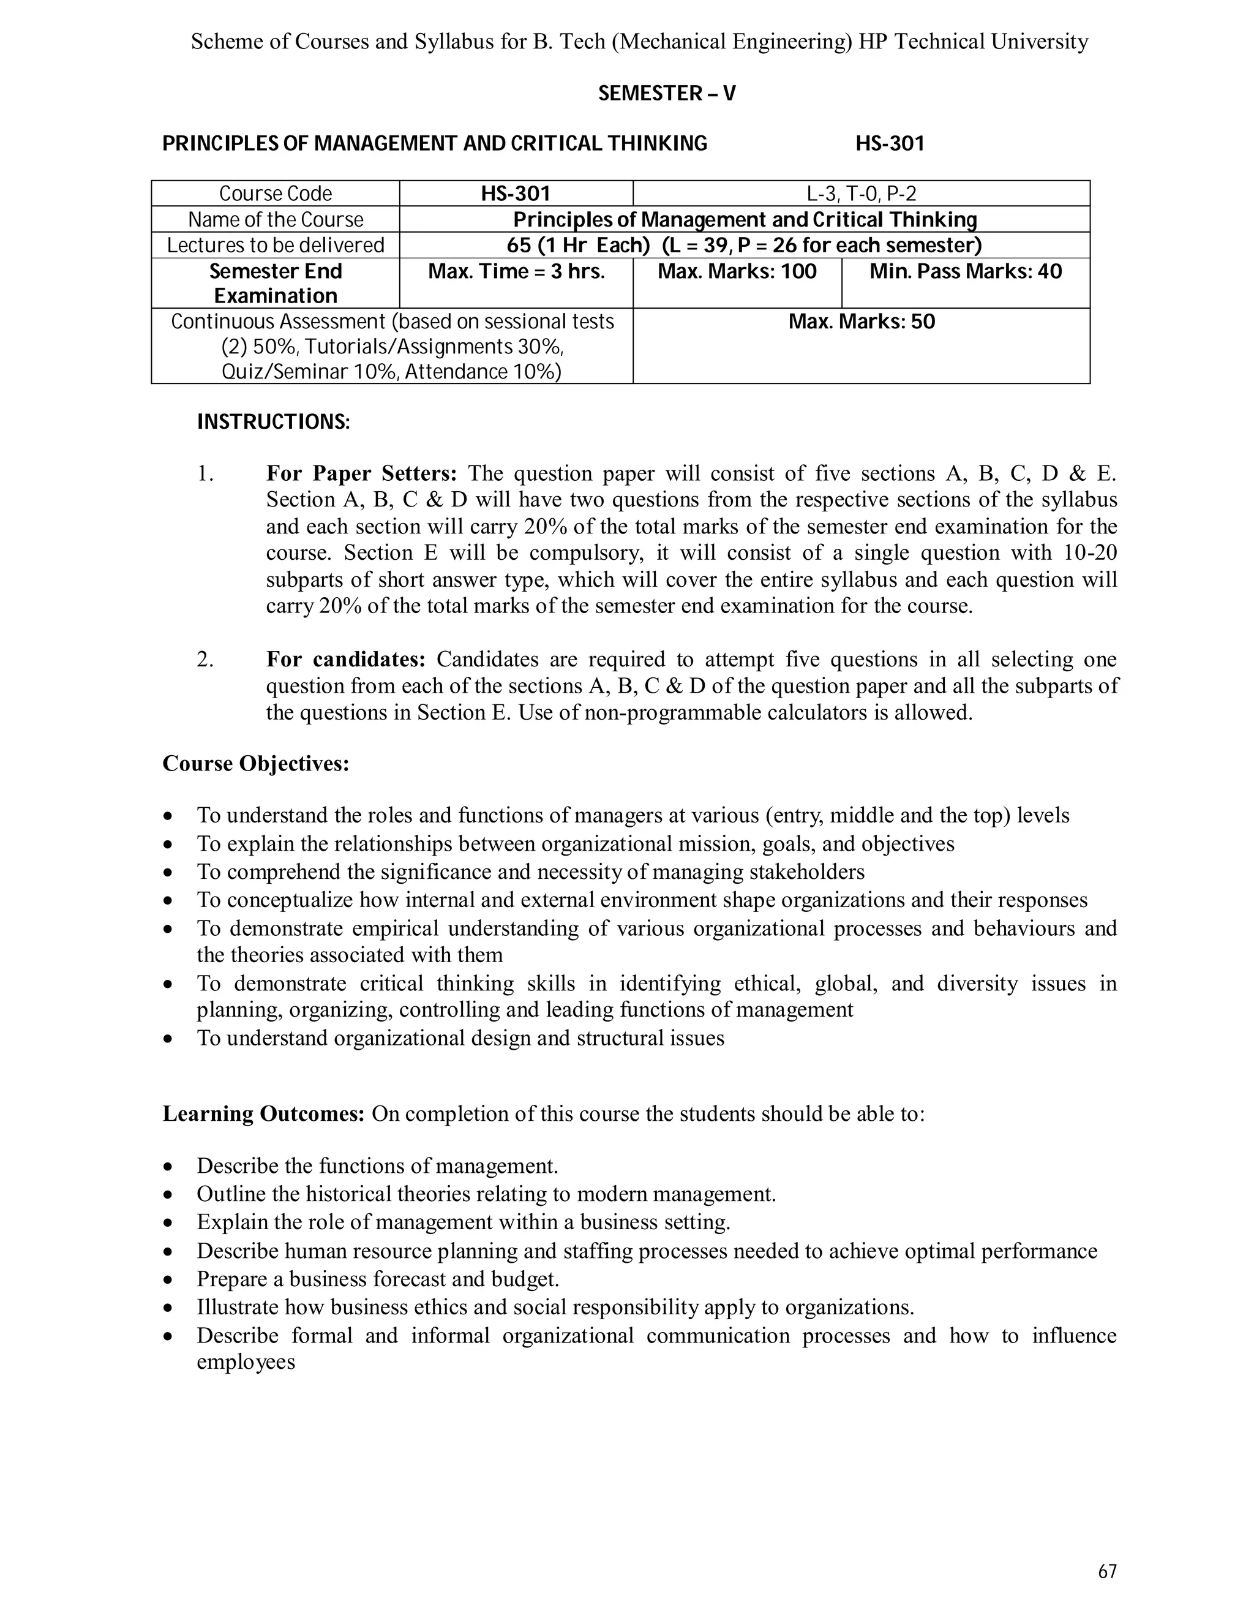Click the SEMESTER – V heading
[x=666, y=94]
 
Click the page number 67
[x=1107, y=1571]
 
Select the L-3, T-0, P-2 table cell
[x=861, y=194]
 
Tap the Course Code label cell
[x=275, y=194]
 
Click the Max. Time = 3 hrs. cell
[x=516, y=272]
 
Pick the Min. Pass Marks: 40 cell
[x=965, y=272]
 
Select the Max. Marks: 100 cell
[x=737, y=272]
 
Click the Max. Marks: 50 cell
[x=861, y=323]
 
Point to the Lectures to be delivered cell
[x=275, y=245]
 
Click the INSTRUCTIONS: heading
[x=272, y=422]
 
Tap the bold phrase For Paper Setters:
[x=362, y=473]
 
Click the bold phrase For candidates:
[x=345, y=659]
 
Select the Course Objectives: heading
[x=255, y=763]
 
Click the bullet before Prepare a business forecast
[x=170, y=1279]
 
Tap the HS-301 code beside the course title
[x=889, y=143]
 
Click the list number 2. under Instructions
[x=205, y=659]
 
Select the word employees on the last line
[x=246, y=1362]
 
